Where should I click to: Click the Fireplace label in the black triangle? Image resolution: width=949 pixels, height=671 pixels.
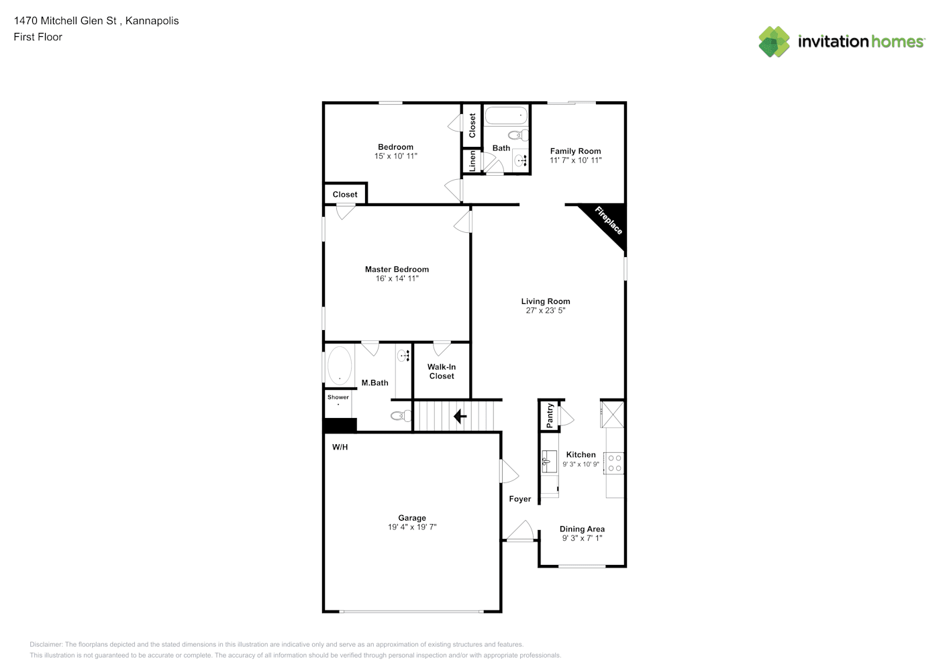(x=608, y=220)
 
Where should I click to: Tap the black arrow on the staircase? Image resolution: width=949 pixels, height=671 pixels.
(x=460, y=417)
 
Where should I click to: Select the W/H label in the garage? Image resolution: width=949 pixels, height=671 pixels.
(x=340, y=447)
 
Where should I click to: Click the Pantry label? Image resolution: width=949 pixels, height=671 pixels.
(x=550, y=415)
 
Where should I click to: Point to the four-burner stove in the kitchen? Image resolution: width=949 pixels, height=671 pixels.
(x=614, y=463)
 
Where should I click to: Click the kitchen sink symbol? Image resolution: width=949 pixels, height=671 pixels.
(x=549, y=462)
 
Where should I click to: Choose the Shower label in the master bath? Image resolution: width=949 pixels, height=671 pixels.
(x=338, y=397)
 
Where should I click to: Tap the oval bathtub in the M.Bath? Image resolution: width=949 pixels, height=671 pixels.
(x=340, y=366)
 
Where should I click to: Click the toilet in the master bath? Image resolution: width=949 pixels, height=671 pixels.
(x=401, y=415)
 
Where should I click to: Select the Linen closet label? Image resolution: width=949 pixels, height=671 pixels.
(x=472, y=161)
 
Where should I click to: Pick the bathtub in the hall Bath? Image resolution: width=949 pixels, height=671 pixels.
(x=506, y=115)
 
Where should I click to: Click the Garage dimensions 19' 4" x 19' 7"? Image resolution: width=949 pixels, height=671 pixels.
(x=412, y=527)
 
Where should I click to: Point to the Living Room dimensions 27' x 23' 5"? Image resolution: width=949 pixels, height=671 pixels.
(x=545, y=310)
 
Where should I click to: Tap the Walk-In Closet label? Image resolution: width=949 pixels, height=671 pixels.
(x=442, y=372)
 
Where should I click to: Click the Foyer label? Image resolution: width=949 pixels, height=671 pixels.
(x=520, y=499)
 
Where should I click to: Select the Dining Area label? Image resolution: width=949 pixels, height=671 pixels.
(x=582, y=529)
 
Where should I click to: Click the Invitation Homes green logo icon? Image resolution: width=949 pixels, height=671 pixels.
(x=774, y=42)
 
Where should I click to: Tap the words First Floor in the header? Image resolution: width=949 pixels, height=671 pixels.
(x=38, y=37)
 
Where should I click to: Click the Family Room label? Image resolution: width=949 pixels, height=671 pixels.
(x=575, y=151)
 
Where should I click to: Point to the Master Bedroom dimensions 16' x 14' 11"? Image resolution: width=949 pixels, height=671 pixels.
(x=397, y=278)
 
